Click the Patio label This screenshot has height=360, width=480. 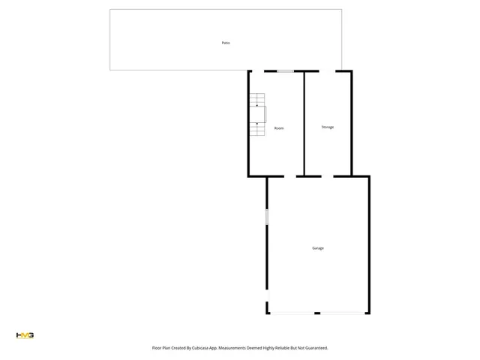tap(226, 43)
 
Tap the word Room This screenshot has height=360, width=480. tap(279, 128)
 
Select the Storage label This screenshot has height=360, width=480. tap(328, 127)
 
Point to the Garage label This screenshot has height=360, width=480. tap(318, 247)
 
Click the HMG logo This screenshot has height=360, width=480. tap(25, 335)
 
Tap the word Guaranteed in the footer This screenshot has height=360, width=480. tap(313, 348)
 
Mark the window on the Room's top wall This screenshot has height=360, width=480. tap(284, 71)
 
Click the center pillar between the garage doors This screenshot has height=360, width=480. tap(317, 313)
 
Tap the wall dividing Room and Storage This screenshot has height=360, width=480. tap(304, 124)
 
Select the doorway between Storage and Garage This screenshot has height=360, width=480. tap(328, 176)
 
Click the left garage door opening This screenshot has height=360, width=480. tap(292, 313)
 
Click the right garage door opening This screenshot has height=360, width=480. tap(342, 313)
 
